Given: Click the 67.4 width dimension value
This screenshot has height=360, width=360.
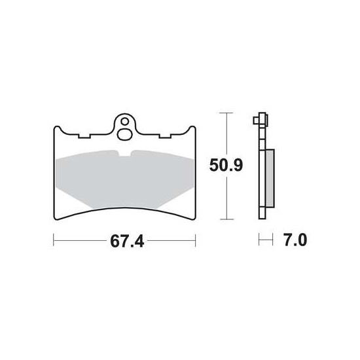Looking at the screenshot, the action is coord(127,242).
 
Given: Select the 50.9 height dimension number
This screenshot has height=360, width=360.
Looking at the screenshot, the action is coord(226,166).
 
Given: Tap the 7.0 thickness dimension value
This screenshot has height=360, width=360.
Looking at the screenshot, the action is coord(295,240).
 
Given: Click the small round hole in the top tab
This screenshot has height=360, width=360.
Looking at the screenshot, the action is coord(125,122).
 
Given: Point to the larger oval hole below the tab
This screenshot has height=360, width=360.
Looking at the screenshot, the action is coord(124,134).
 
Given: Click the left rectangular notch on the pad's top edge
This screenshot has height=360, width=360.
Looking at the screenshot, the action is coord(84,136).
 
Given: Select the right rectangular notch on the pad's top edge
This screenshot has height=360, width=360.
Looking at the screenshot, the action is coord(166,136).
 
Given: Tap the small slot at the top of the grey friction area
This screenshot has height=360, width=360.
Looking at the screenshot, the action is coord(125,153).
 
